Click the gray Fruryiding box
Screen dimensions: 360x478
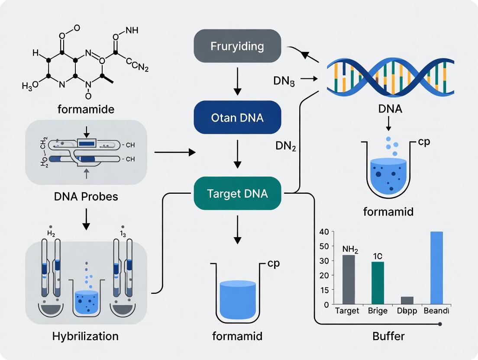tap(237, 46)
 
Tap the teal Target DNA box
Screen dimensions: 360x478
tap(237, 193)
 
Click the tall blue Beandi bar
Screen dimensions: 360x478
tap(437, 268)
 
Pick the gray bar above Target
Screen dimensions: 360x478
tap(349, 280)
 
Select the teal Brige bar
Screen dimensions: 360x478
tap(378, 283)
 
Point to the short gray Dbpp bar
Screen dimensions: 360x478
tap(407, 300)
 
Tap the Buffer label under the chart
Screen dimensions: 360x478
tap(389, 336)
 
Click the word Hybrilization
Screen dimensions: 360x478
tap(85, 336)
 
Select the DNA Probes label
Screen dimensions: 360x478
tap(86, 196)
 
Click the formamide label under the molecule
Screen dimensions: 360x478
tap(86, 109)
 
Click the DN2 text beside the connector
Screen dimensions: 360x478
tap(286, 146)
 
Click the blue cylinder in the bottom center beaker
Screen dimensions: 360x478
tap(238, 299)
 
